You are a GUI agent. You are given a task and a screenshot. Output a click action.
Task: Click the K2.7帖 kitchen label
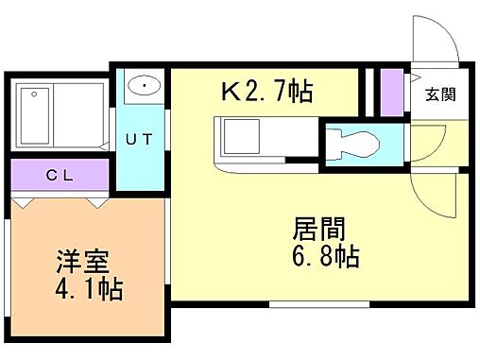(x=266, y=93)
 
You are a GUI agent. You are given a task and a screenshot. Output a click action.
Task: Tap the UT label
(x=139, y=138)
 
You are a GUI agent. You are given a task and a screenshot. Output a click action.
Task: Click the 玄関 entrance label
(x=440, y=94)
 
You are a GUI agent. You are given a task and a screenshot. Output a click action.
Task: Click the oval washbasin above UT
(x=143, y=87)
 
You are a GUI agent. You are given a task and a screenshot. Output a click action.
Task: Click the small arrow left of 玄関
(x=416, y=77)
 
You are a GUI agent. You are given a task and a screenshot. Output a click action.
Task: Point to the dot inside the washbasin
(x=144, y=86)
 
